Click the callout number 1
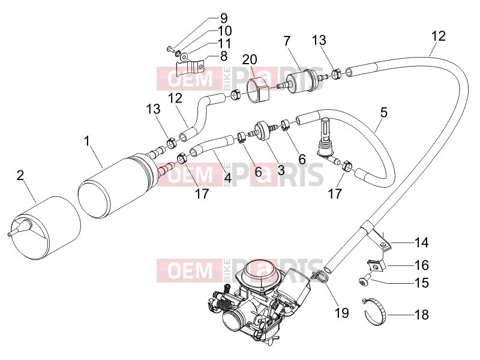pyautogui.click(x=87, y=142)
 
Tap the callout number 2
pyautogui.click(x=20, y=176)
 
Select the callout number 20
pyautogui.click(x=250, y=59)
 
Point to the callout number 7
pyautogui.click(x=287, y=41)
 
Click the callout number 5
pyautogui.click(x=384, y=112)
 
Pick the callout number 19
pyautogui.click(x=341, y=313)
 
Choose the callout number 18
pyautogui.click(x=422, y=314)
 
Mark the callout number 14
pyautogui.click(x=422, y=242)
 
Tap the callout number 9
pyautogui.click(x=224, y=19)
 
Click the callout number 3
pyautogui.click(x=281, y=170)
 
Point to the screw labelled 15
pyautogui.click(x=365, y=281)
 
